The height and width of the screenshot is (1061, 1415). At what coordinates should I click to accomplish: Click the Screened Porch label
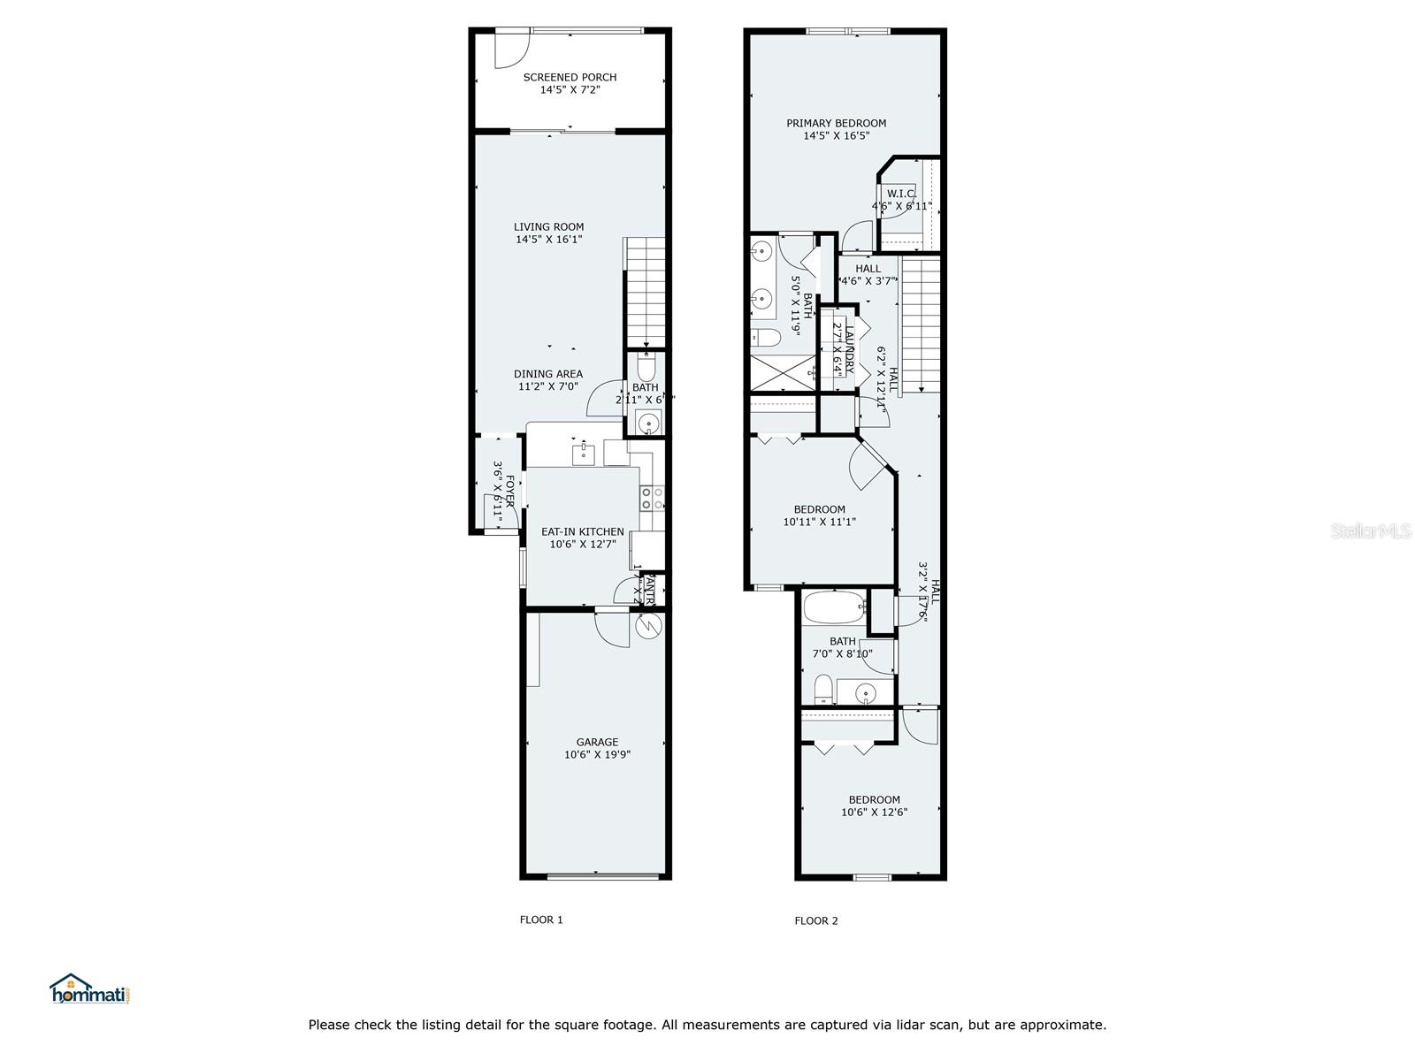click(x=570, y=77)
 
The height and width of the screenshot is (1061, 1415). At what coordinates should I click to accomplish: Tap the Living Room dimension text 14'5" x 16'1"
click(x=549, y=240)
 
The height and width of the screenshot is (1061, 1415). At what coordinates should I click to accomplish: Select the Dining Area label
click(x=548, y=374)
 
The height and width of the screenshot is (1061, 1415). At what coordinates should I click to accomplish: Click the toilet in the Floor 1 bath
click(x=646, y=365)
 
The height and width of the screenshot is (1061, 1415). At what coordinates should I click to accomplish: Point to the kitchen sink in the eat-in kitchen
click(x=583, y=455)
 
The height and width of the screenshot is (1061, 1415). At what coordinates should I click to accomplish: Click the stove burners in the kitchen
click(x=652, y=498)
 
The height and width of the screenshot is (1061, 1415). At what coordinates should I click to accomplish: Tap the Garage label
click(x=597, y=742)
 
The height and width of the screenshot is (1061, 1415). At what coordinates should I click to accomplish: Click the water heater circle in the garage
click(x=649, y=626)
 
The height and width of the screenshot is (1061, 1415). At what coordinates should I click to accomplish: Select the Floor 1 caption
click(x=541, y=920)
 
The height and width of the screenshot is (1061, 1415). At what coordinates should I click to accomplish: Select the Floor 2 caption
click(x=816, y=920)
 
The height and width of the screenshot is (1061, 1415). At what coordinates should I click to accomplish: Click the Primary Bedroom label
click(x=836, y=123)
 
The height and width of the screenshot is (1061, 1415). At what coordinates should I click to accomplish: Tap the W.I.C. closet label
click(x=901, y=194)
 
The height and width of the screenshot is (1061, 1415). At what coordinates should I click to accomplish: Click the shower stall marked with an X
click(x=783, y=372)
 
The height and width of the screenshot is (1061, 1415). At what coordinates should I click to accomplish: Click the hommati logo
click(x=90, y=989)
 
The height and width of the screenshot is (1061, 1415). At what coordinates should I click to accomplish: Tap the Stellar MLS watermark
click(x=1372, y=531)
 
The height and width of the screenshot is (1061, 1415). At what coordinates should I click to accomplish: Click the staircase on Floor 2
click(x=920, y=324)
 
